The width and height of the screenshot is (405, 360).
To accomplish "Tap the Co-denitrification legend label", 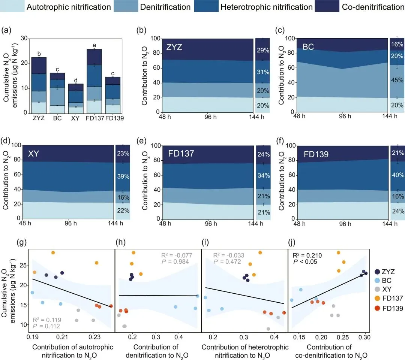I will pyautogui.click(x=373, y=7).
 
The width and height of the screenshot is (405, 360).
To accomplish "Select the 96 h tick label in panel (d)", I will pyautogui.click(x=69, y=224).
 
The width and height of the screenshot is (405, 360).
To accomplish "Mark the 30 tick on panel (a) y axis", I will pyautogui.click(x=24, y=39).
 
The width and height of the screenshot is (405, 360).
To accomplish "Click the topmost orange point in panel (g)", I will pyautogui.click(x=53, y=253).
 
